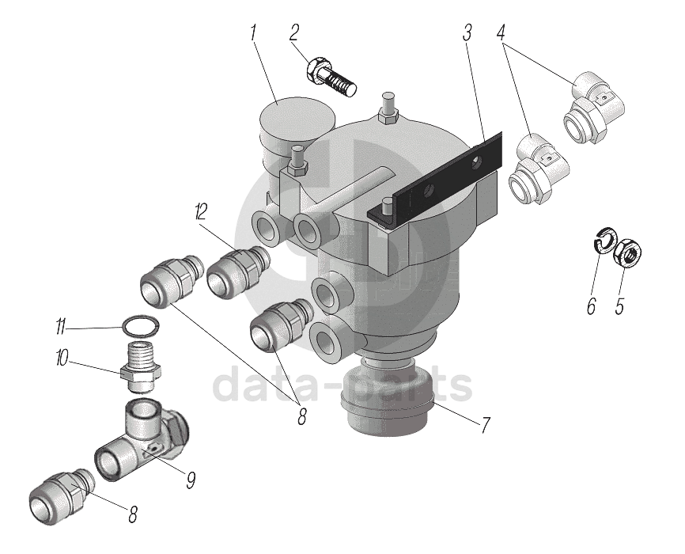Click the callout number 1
[x=253, y=33]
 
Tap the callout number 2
[x=294, y=32]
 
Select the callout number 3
[x=467, y=33]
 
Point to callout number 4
[x=501, y=33]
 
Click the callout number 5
[x=619, y=305]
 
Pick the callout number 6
[x=591, y=305]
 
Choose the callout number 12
[x=200, y=211]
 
